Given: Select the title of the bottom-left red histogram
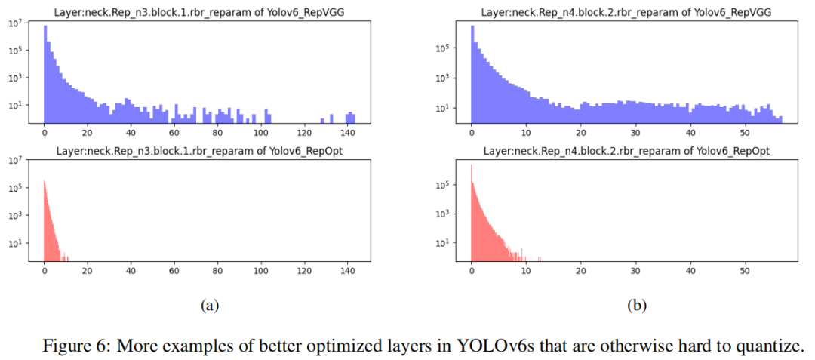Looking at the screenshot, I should click(x=199, y=150).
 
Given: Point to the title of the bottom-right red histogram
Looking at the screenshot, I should click(x=626, y=150).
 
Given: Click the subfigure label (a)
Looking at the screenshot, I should click(x=209, y=305).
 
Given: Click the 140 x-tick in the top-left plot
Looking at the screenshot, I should click(x=348, y=132).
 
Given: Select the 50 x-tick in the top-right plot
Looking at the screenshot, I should click(x=745, y=132).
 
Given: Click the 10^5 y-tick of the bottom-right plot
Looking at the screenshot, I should click(x=444, y=184).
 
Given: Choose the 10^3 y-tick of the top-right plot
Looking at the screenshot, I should click(x=444, y=77).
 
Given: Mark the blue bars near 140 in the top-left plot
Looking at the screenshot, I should click(x=350, y=117).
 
